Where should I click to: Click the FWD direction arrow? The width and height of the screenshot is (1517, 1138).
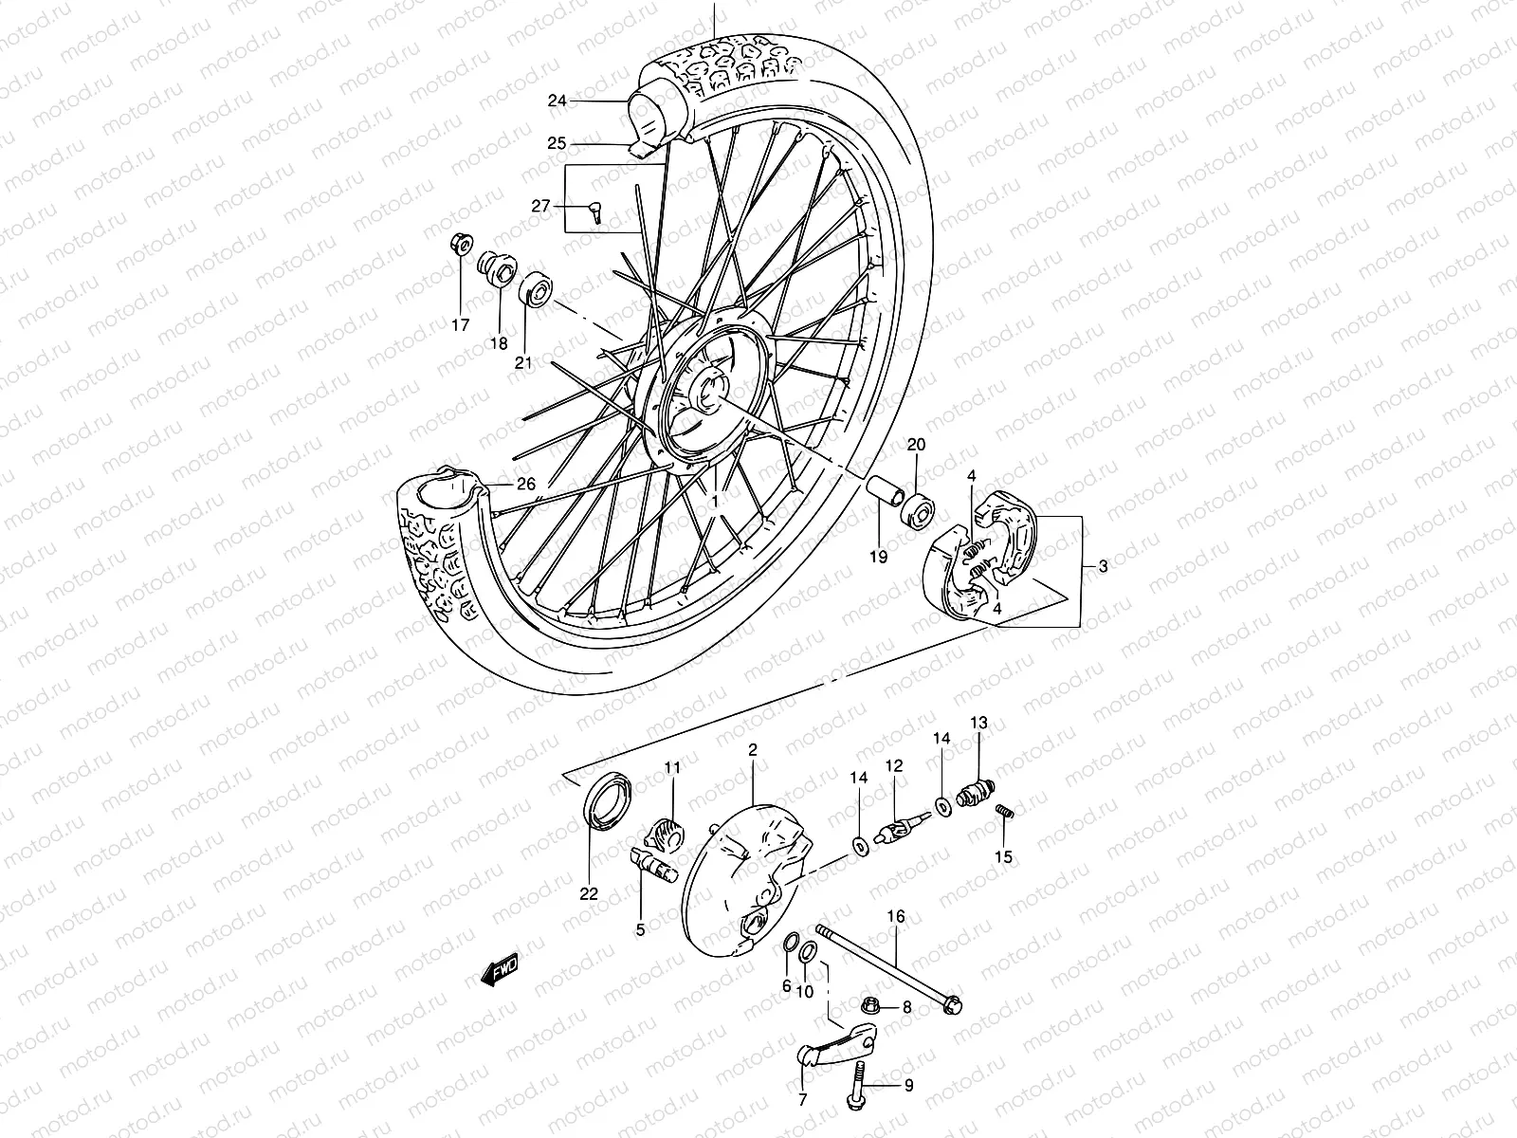(x=499, y=970)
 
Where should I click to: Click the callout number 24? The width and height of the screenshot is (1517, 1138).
(x=557, y=101)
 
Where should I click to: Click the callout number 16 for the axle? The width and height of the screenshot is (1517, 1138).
(x=896, y=916)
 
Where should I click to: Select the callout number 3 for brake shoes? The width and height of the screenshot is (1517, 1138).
(x=1103, y=566)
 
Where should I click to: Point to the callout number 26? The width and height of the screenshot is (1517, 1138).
(x=525, y=484)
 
